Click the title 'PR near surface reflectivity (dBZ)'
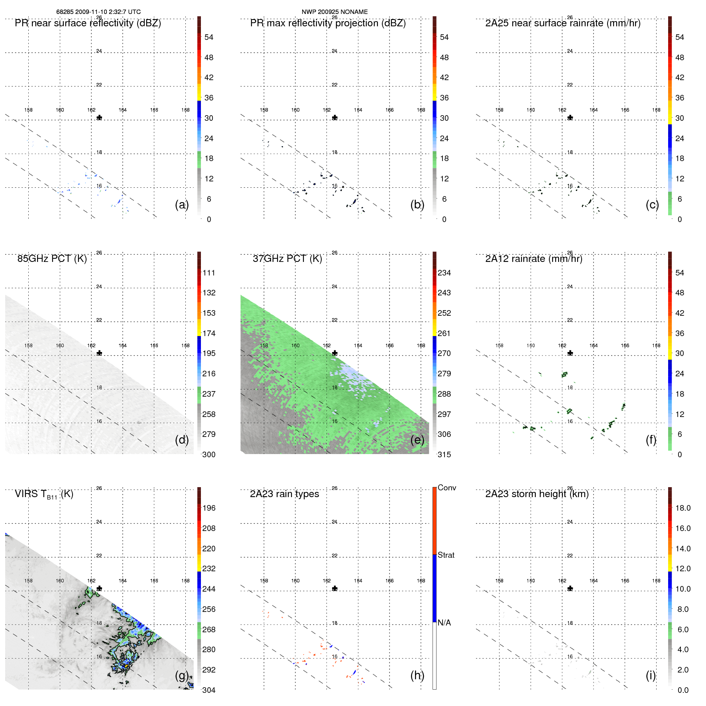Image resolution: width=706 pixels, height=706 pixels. click(88, 23)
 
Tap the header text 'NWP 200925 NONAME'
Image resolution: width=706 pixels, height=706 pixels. click(334, 12)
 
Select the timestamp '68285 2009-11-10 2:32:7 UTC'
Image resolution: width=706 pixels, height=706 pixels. click(98, 12)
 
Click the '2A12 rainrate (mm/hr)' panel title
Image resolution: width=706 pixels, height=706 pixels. click(534, 259)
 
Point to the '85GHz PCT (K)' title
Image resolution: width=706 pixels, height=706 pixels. click(52, 259)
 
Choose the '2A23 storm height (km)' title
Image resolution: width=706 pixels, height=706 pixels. click(537, 494)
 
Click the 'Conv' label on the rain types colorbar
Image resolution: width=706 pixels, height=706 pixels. click(447, 488)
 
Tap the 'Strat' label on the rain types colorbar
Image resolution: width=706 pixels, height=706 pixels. click(446, 555)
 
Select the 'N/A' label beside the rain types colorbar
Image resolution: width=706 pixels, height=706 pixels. click(444, 623)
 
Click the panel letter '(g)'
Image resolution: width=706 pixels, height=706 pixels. click(182, 675)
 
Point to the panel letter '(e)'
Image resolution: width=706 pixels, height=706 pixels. click(417, 440)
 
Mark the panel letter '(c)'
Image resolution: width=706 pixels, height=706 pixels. click(653, 205)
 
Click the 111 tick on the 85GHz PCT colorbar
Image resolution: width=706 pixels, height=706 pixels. click(209, 273)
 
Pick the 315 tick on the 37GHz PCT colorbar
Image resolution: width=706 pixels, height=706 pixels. click(444, 454)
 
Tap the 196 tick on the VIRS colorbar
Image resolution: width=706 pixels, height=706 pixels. click(209, 508)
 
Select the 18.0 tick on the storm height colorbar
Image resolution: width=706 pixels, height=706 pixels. click(683, 508)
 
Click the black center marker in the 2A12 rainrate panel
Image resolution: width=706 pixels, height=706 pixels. click(570, 353)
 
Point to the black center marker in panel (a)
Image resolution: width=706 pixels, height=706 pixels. click(99, 118)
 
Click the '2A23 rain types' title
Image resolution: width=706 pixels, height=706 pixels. click(284, 494)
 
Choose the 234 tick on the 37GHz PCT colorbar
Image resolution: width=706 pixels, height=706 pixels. click(444, 273)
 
